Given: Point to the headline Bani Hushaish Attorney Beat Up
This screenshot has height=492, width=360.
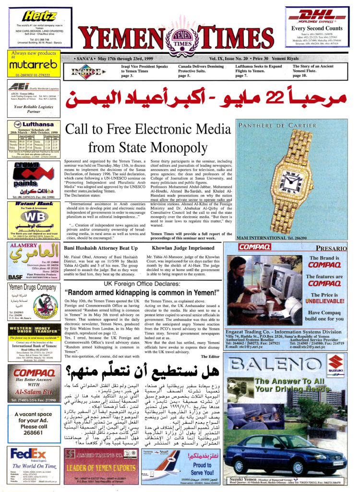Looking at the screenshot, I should pos(104,248).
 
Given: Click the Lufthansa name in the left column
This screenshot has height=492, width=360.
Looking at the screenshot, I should pos(36,123).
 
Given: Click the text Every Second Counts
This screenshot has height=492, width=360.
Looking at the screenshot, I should pos(317,28).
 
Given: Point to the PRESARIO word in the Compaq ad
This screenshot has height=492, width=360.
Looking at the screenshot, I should pos(331,248).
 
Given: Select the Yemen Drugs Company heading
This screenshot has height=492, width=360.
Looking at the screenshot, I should pos(32,288).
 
